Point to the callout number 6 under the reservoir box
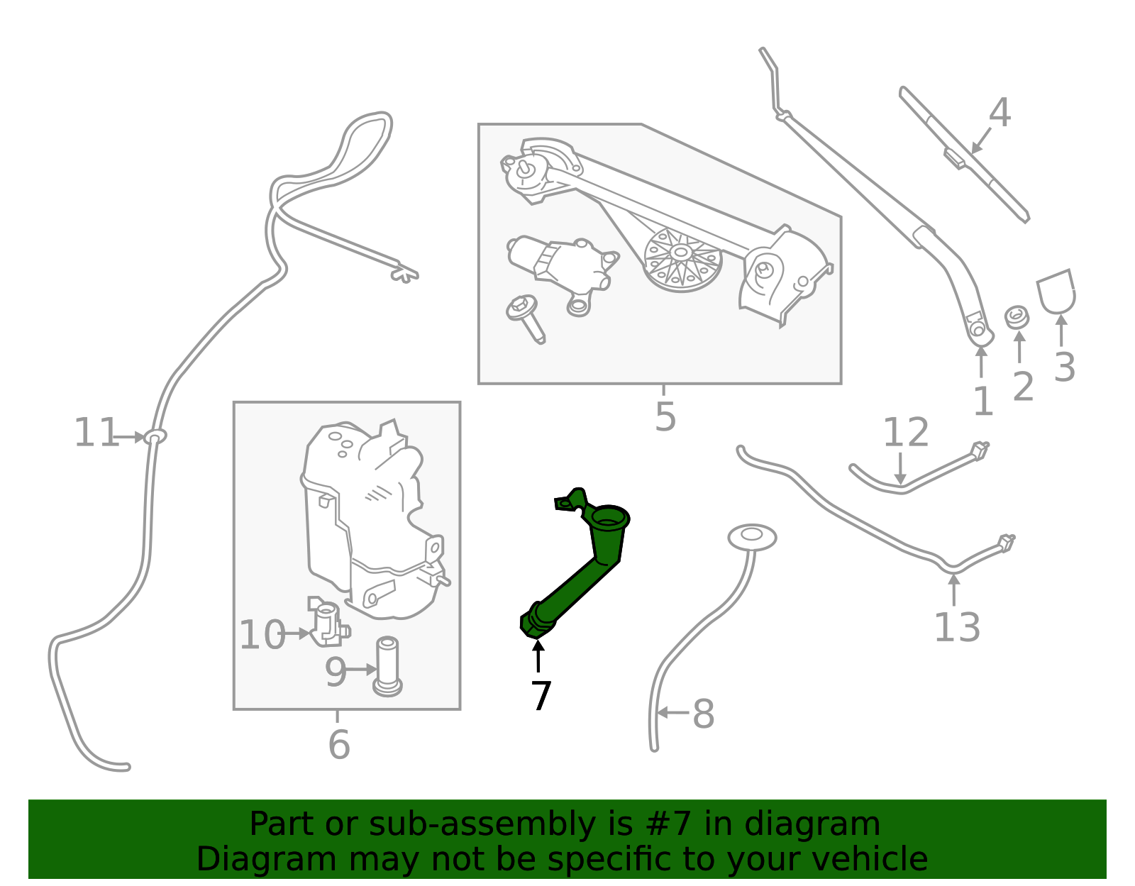[x=339, y=744]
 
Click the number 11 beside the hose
[x=96, y=433]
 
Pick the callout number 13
[x=956, y=627]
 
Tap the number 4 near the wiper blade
[x=1000, y=113]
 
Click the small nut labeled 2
[x=1017, y=316]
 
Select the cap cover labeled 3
[x=1056, y=292]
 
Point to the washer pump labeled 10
[x=328, y=623]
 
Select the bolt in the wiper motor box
[x=526, y=318]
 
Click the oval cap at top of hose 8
[x=752, y=538]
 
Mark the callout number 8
[x=702, y=714]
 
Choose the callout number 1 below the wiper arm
[x=982, y=402]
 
